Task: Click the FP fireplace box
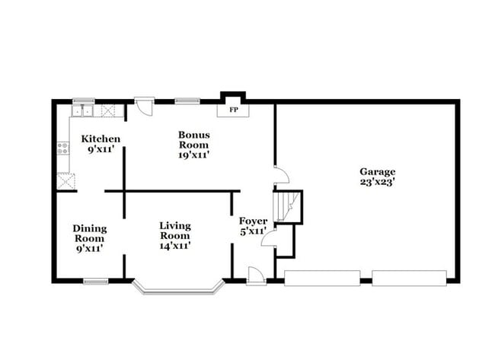(233, 110)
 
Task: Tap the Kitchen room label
(101, 139)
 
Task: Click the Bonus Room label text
(194, 140)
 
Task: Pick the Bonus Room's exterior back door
(144, 106)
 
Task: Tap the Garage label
(378, 172)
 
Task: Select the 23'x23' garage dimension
(378, 183)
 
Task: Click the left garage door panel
(322, 278)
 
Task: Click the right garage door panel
(410, 278)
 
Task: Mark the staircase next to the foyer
(289, 206)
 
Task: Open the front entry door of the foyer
(256, 276)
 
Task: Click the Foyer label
(253, 221)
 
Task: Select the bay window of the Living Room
(179, 288)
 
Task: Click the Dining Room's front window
(96, 282)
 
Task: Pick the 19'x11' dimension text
(194, 155)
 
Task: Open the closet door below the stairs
(268, 240)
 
